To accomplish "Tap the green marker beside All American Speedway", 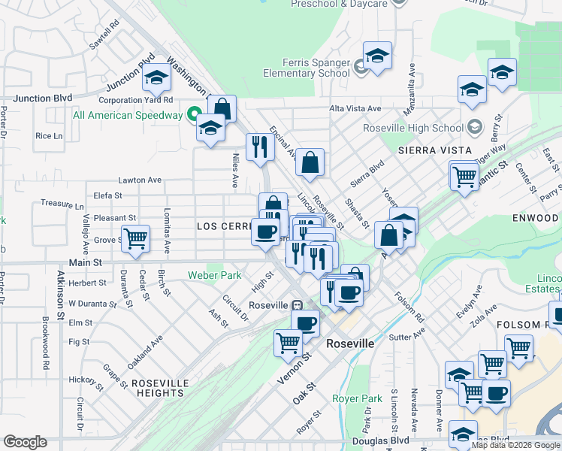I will click(x=193, y=115).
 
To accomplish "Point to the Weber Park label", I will click(x=215, y=275).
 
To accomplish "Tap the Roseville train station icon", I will click(x=298, y=306).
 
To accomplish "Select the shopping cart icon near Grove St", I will click(x=135, y=238).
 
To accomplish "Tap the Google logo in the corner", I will click(x=25, y=442).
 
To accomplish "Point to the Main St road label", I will click(x=86, y=263).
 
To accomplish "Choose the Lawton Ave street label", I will click(x=140, y=180).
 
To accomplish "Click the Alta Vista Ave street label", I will click(x=355, y=108).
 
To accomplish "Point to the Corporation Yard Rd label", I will click(x=136, y=99).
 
